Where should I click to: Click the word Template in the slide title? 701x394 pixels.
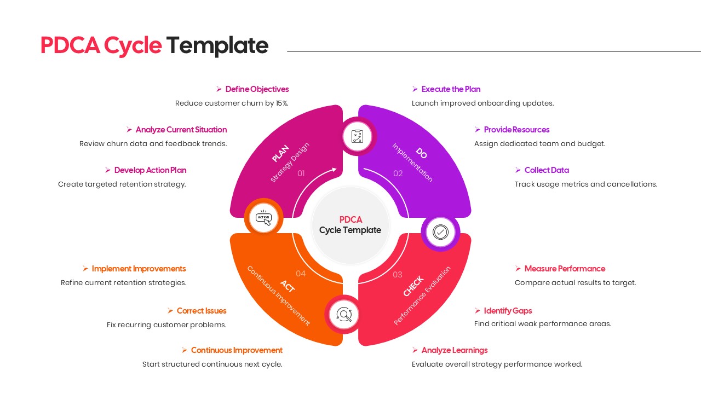(217, 46)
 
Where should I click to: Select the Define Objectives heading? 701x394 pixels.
(257, 89)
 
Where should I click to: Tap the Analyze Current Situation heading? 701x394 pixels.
(181, 130)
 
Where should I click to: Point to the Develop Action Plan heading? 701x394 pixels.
(150, 170)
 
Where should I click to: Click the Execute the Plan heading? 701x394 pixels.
(451, 89)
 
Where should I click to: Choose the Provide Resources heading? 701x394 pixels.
(516, 130)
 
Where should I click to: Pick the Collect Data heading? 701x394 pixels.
(547, 170)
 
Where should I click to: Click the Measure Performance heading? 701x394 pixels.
(565, 269)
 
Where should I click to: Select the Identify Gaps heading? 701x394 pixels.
(508, 311)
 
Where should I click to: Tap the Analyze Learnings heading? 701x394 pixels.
(454, 350)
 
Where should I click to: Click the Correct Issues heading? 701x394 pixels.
(202, 311)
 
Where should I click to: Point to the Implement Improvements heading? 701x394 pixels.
(139, 269)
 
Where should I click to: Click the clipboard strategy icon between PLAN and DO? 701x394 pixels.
(357, 136)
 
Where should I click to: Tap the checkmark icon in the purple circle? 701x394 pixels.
(440, 232)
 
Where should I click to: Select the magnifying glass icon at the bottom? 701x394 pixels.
(344, 315)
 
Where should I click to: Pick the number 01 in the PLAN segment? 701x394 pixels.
(301, 173)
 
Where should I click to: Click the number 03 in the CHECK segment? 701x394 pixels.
(398, 275)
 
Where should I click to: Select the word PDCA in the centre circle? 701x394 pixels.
(350, 219)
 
